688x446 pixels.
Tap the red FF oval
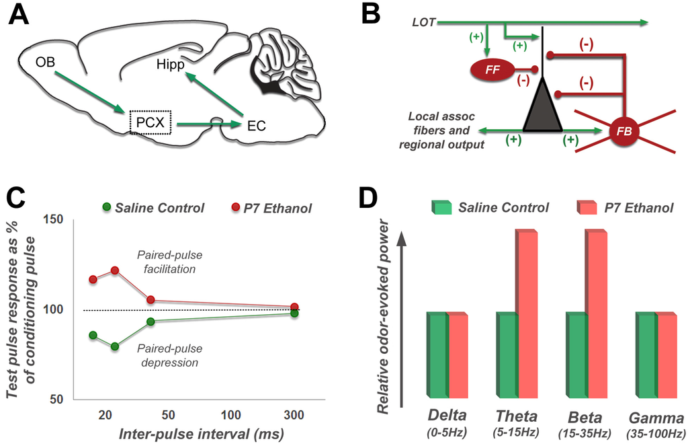tap(490, 69)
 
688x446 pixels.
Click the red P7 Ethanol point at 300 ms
tap(294, 307)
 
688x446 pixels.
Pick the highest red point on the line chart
tap(115, 270)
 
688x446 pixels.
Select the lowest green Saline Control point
tap(115, 346)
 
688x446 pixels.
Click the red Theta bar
tap(527, 313)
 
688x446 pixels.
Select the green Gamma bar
tap(646, 355)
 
